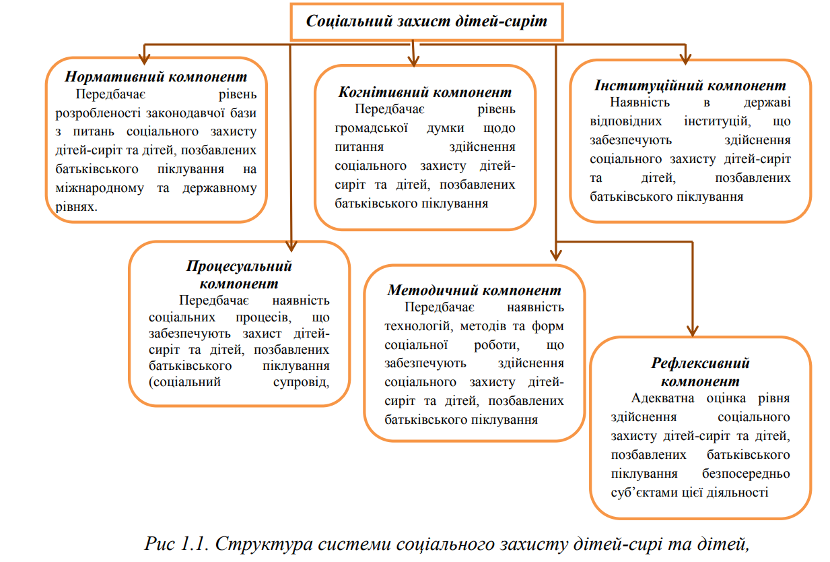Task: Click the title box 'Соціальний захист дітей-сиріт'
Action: coord(425,21)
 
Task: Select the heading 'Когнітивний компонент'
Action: coord(425,92)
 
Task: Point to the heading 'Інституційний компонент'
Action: coord(690,86)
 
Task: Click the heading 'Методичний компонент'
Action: coord(474,290)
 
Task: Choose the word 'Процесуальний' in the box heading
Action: coord(239,266)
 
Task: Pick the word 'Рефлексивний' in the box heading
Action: coord(700,363)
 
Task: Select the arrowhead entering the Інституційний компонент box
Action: coord(685,57)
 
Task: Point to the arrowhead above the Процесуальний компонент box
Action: coord(290,245)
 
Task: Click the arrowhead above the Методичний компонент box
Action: coord(555,254)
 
